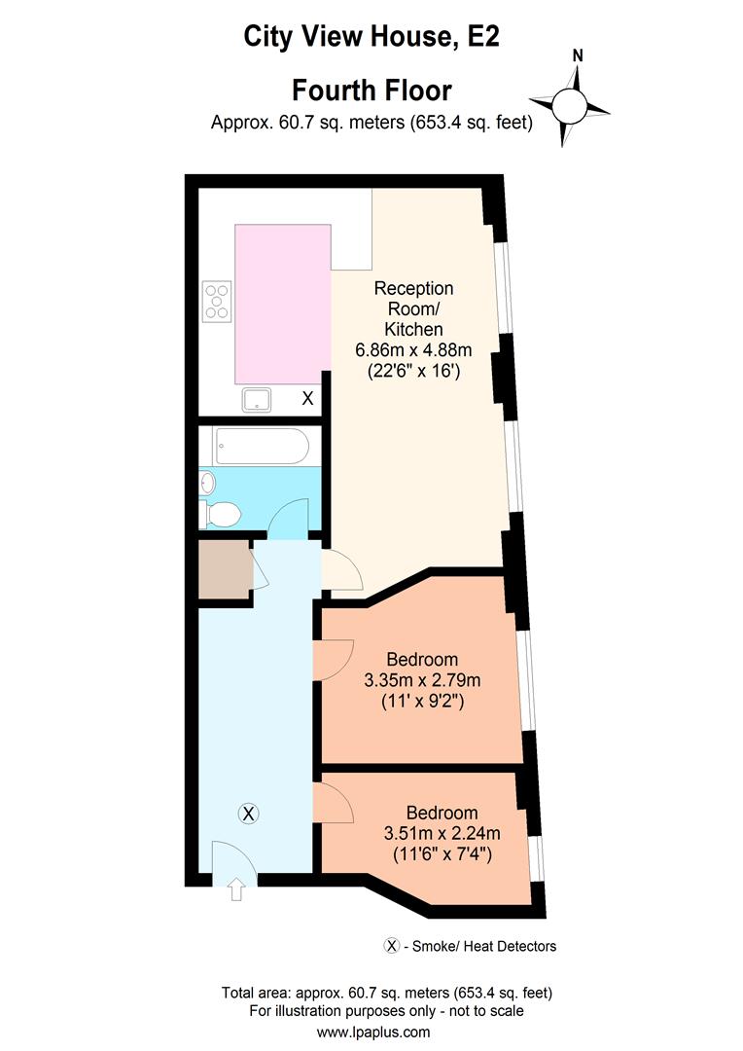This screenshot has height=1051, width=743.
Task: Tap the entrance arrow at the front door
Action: click(x=236, y=889)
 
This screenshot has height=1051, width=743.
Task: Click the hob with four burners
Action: click(x=217, y=301)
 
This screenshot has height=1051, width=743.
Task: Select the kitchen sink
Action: click(x=258, y=397)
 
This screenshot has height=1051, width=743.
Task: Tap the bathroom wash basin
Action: click(x=206, y=482)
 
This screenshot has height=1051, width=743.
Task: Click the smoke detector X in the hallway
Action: click(x=249, y=813)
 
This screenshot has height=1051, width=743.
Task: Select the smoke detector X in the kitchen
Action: click(x=307, y=397)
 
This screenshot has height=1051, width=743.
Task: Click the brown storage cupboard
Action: click(x=223, y=568)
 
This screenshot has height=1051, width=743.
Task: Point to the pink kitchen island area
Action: click(x=282, y=303)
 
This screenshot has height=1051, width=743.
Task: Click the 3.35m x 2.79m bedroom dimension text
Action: click(x=421, y=678)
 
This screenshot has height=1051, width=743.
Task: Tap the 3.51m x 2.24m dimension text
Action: click(x=442, y=833)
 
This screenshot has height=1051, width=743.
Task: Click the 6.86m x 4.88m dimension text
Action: click(x=414, y=350)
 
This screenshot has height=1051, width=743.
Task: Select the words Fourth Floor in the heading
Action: click(x=371, y=91)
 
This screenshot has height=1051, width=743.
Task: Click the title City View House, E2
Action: click(x=371, y=38)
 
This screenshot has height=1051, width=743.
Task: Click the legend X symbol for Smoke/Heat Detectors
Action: click(x=393, y=945)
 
